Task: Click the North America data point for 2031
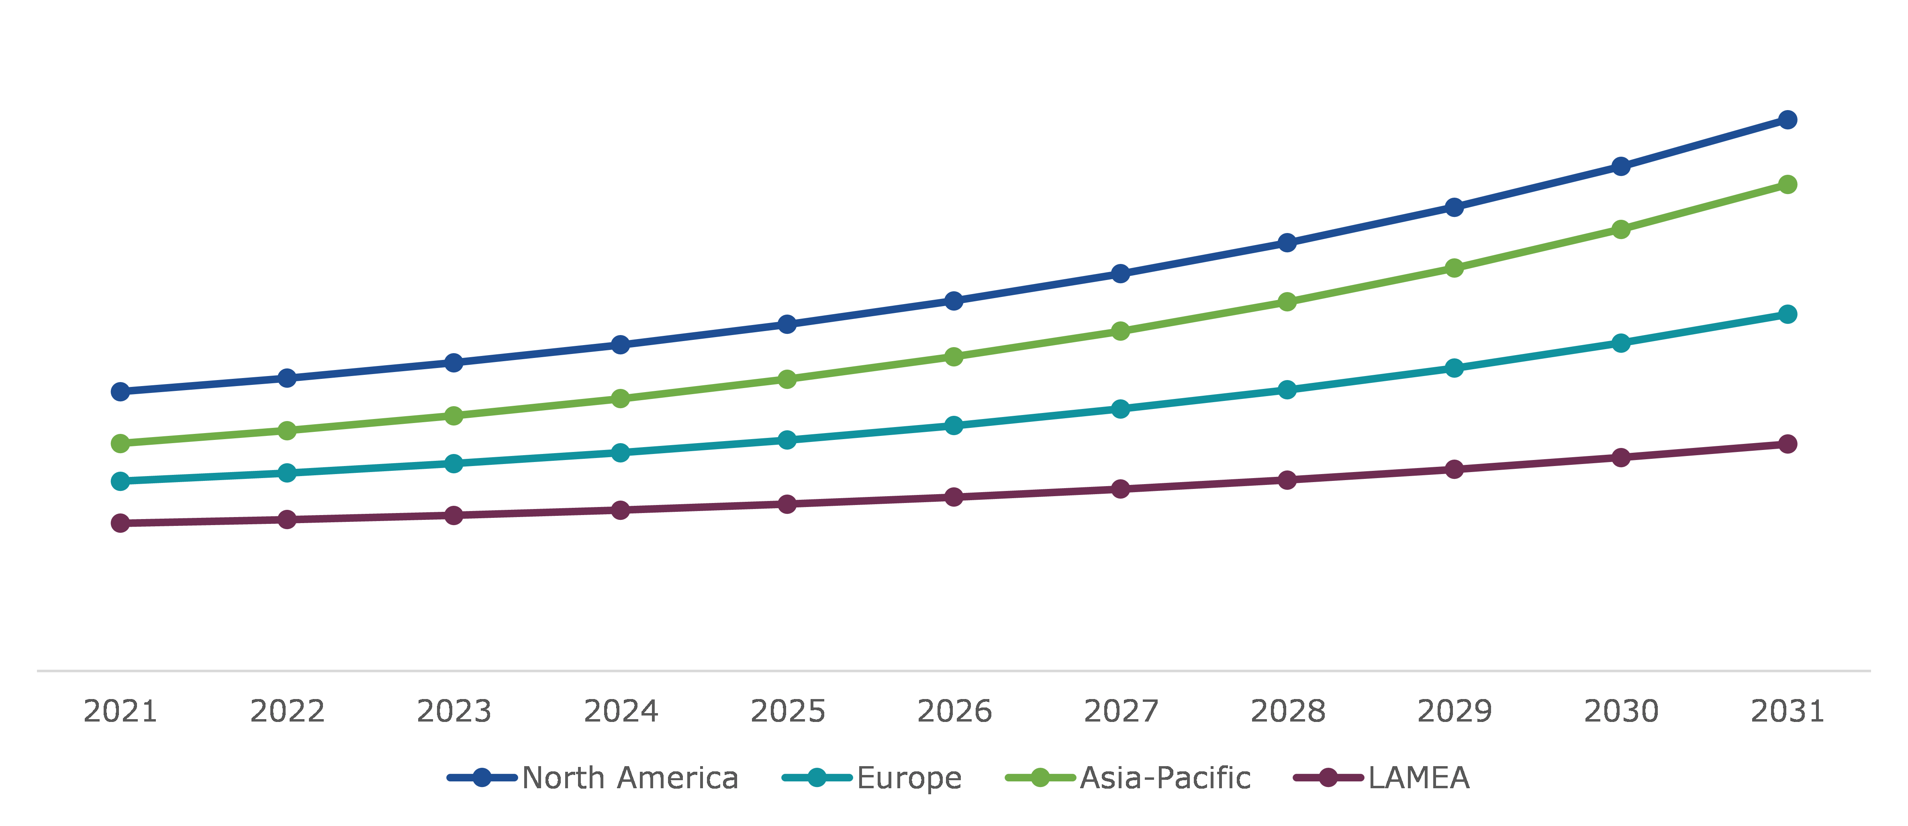(x=1787, y=120)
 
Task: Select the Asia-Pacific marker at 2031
(x=1787, y=184)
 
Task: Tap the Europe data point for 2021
(x=120, y=482)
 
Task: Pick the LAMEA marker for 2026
(x=954, y=497)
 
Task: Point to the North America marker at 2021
(x=120, y=391)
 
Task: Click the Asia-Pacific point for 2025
(x=787, y=379)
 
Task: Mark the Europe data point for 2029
(x=1454, y=368)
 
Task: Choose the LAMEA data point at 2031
(x=1787, y=444)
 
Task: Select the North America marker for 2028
(x=1287, y=243)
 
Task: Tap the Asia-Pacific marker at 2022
(x=287, y=430)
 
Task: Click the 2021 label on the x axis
(x=120, y=711)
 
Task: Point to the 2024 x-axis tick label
(x=621, y=711)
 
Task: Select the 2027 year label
(x=1121, y=711)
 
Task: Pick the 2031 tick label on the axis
(x=1787, y=711)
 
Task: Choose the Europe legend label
(x=909, y=778)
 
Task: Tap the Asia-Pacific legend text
(x=1165, y=778)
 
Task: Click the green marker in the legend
(x=1040, y=778)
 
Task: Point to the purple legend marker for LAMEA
(x=1328, y=778)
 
